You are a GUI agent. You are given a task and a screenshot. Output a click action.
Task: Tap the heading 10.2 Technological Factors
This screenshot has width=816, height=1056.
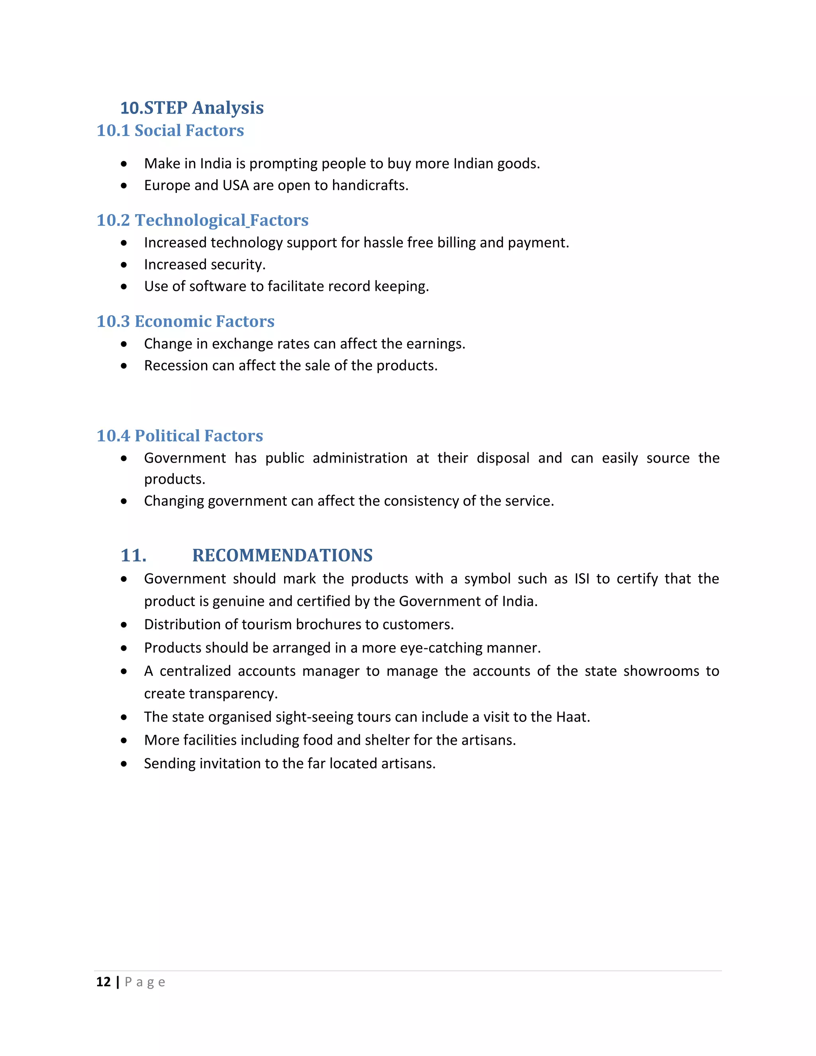(202, 220)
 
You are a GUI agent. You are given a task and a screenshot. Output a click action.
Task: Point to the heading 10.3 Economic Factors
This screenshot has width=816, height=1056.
(185, 321)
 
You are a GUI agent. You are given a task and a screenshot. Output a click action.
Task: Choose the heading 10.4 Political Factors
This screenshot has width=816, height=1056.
(179, 436)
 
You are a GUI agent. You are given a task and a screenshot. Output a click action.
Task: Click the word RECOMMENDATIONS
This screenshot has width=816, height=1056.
(282, 555)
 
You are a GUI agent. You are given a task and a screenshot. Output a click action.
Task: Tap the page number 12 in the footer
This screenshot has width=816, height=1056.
(104, 982)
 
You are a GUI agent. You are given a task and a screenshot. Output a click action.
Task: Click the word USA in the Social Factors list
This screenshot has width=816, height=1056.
(235, 185)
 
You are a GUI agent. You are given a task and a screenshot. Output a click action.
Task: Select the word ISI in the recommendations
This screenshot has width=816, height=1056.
(582, 578)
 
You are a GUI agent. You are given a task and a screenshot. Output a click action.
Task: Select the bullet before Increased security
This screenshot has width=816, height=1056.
(124, 265)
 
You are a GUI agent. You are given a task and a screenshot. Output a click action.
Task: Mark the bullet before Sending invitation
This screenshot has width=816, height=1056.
(124, 764)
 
